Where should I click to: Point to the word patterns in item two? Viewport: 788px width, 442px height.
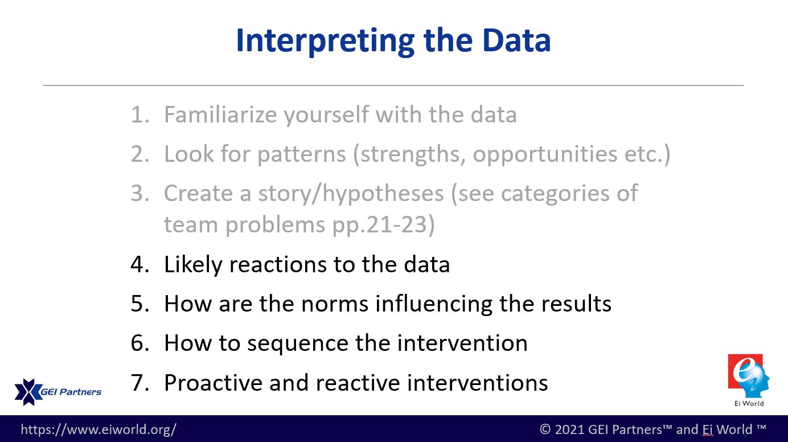point(302,155)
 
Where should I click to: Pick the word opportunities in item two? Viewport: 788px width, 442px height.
point(545,155)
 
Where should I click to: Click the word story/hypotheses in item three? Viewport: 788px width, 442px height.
point(351,194)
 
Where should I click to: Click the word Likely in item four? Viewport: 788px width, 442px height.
point(193,265)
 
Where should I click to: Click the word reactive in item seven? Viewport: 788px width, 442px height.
point(358,383)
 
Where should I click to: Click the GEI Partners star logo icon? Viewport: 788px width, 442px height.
point(28,392)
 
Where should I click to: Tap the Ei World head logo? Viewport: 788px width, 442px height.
point(749,376)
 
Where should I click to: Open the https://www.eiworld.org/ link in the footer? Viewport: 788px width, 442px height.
point(98,429)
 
